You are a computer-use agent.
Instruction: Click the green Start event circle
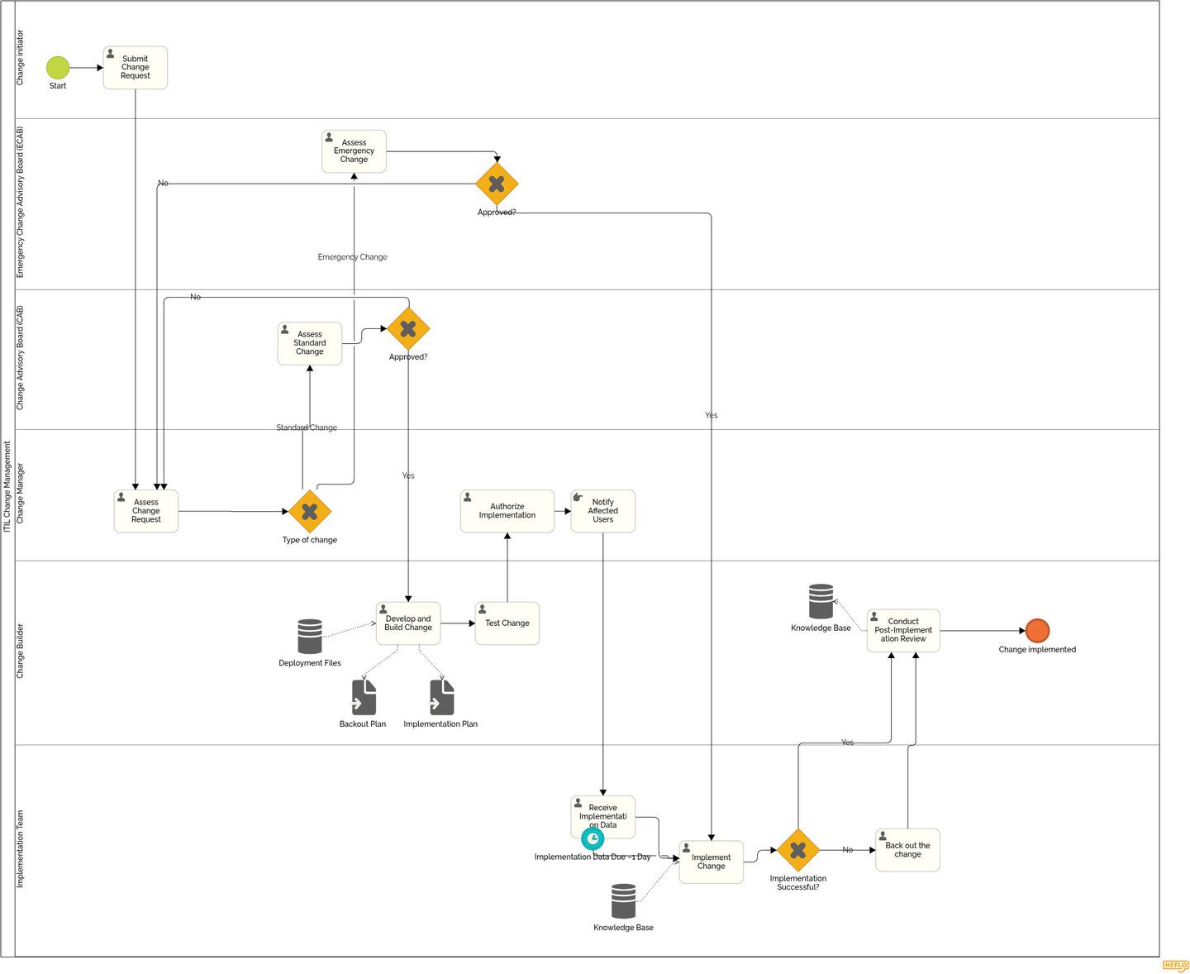[58, 68]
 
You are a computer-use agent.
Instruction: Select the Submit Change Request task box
[136, 68]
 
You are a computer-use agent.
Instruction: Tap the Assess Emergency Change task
[354, 151]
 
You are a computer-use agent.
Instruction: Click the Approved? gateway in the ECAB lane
[497, 184]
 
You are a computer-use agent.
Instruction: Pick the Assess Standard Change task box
[310, 343]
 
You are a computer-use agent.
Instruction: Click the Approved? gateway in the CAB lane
[408, 329]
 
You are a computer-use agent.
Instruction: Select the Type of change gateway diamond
[310, 512]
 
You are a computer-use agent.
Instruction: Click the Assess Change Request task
[146, 511]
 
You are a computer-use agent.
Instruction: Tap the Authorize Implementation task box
[507, 511]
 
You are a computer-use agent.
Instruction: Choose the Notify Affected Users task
[603, 511]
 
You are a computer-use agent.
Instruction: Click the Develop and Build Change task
[408, 623]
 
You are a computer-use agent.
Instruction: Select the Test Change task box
[507, 623]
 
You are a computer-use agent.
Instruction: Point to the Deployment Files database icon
[310, 637]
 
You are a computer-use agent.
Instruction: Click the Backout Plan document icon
[364, 698]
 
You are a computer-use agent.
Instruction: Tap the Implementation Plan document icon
[441, 698]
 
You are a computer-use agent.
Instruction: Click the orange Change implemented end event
[1037, 631]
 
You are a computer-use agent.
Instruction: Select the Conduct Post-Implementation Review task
[903, 631]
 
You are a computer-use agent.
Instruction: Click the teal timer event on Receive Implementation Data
[593, 838]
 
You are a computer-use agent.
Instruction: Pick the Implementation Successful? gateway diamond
[798, 850]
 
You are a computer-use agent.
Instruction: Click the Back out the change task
[907, 850]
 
